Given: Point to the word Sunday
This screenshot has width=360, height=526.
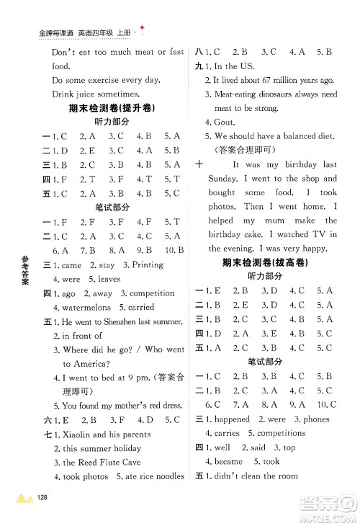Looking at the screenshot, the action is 226,178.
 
